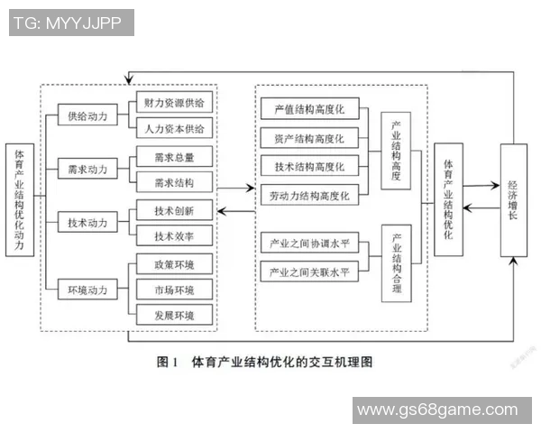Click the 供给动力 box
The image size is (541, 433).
tap(87, 116)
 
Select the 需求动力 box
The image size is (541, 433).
tap(87, 169)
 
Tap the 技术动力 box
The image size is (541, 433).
tap(87, 222)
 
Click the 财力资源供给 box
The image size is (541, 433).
tap(174, 102)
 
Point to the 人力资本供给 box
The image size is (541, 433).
tap(174, 128)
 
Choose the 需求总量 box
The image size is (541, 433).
tap(174, 156)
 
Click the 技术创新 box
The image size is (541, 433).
tap(174, 209)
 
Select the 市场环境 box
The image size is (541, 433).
tap(174, 289)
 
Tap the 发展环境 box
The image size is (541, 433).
tap(174, 314)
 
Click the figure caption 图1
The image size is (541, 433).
tap(164, 363)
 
